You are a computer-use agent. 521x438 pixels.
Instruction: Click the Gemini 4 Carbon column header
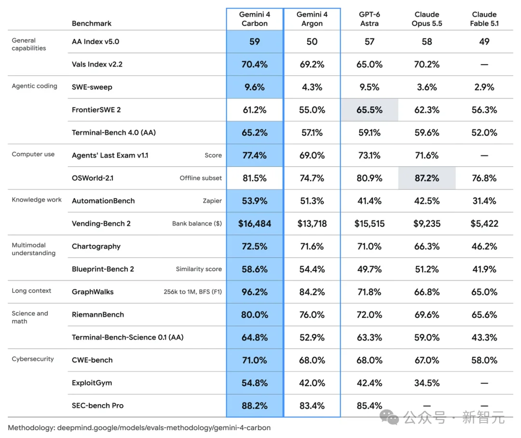(x=255, y=19)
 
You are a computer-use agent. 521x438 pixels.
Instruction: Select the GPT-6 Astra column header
(x=370, y=19)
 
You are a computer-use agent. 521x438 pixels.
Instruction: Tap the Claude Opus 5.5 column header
(x=427, y=19)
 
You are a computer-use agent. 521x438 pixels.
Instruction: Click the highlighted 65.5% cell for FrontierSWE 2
(x=370, y=109)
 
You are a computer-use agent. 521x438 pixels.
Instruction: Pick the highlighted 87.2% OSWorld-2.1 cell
(x=427, y=178)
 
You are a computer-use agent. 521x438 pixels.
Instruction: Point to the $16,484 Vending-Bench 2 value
(x=255, y=224)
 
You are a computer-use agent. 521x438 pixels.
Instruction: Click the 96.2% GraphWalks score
(x=255, y=292)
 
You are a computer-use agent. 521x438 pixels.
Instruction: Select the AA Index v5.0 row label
(x=96, y=41)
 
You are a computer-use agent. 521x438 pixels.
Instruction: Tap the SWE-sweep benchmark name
(x=92, y=87)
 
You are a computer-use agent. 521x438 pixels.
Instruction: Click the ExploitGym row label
(x=92, y=383)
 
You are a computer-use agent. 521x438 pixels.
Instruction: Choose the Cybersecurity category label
(x=33, y=359)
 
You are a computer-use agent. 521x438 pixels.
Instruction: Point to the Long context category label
(x=31, y=291)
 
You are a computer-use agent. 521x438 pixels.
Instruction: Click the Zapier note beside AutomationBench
(x=212, y=201)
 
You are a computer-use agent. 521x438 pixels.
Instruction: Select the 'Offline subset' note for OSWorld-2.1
(x=201, y=178)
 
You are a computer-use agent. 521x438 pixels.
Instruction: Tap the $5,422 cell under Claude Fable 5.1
(x=484, y=224)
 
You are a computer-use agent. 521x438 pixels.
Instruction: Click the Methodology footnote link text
(x=139, y=428)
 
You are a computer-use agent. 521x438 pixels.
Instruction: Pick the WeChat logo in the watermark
(x=389, y=417)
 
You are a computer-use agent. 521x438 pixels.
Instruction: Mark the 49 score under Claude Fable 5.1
(x=484, y=41)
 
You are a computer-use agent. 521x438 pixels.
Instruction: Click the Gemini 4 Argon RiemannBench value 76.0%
(x=312, y=315)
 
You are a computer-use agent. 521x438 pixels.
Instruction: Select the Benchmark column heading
(x=91, y=23)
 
